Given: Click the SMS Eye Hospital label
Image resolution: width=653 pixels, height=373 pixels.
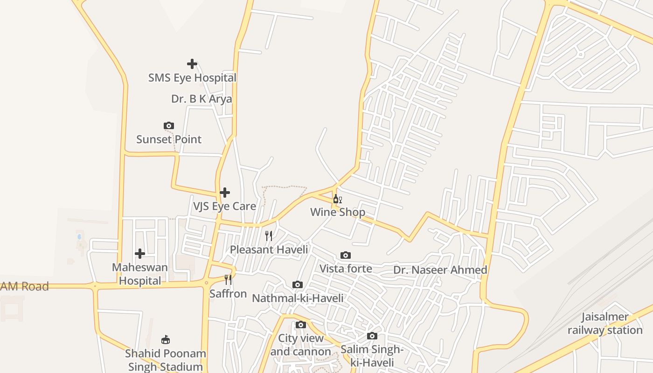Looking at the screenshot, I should (x=192, y=78).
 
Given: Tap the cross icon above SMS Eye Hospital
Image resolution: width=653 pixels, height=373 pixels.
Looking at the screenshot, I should (x=192, y=64).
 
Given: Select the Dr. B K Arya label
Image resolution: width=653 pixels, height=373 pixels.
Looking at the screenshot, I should (x=201, y=99).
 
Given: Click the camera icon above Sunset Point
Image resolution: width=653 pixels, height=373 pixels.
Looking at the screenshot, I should (x=169, y=125).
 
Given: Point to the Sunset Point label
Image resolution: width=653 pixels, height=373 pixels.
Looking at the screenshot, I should (x=169, y=139).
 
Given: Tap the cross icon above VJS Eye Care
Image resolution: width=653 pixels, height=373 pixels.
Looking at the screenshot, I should (x=225, y=192).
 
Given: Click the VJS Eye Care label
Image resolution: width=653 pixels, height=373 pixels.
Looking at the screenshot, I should (x=225, y=206).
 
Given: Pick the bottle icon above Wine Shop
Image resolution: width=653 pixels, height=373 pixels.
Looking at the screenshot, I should (x=337, y=199).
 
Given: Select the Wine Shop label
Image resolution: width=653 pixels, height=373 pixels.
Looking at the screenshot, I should (x=338, y=213).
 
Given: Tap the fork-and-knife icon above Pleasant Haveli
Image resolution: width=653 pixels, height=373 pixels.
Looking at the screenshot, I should (x=269, y=236).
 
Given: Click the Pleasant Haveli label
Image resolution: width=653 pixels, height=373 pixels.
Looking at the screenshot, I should (x=269, y=249).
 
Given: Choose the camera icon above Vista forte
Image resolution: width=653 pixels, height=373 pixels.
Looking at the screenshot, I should (x=346, y=255).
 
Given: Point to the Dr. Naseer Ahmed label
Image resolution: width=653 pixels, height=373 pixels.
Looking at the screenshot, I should (x=440, y=270).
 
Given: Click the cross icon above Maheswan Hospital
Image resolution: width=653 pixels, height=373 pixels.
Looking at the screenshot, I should (x=140, y=254).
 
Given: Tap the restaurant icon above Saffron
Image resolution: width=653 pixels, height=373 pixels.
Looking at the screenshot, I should (x=228, y=280).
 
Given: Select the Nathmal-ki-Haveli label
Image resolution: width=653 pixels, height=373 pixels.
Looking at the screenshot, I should (x=298, y=298).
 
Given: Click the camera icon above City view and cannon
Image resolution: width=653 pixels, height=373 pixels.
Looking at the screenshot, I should (x=301, y=325).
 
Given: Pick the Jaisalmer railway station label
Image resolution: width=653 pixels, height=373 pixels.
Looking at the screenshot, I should (x=605, y=324).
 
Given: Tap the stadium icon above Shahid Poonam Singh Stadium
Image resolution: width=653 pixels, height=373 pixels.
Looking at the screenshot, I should (x=166, y=339).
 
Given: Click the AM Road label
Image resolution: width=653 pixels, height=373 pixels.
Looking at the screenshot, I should (x=24, y=286).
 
